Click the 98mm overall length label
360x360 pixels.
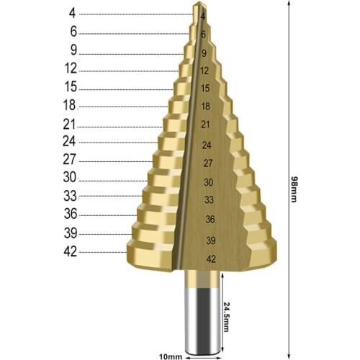294,189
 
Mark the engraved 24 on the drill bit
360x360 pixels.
207,145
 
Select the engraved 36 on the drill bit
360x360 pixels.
210,219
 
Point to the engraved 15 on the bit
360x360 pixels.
205,88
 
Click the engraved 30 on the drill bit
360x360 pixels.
208,183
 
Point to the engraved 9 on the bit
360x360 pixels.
204,53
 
